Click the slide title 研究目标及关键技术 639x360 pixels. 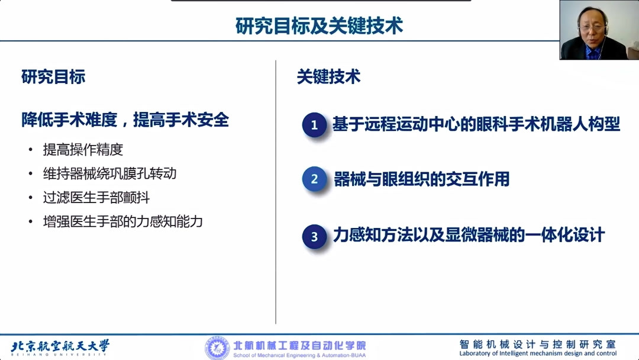(319, 26)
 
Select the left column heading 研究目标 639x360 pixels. (53, 77)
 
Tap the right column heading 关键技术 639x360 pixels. (328, 77)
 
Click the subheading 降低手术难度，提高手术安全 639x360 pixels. (125, 120)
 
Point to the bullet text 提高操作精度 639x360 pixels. (83, 150)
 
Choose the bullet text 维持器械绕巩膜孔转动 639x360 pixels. (109, 173)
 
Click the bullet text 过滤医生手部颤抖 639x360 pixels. (92, 197)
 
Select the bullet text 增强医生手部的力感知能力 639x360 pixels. (122, 221)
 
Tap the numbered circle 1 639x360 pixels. (314, 125)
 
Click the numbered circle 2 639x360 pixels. (314, 179)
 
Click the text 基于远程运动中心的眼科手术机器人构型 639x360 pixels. (476, 124)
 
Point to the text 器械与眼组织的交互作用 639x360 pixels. (421, 179)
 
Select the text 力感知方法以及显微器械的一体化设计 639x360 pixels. (469, 235)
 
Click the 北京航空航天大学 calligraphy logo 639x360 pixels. (60, 346)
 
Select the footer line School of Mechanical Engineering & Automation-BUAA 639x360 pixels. (299, 355)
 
